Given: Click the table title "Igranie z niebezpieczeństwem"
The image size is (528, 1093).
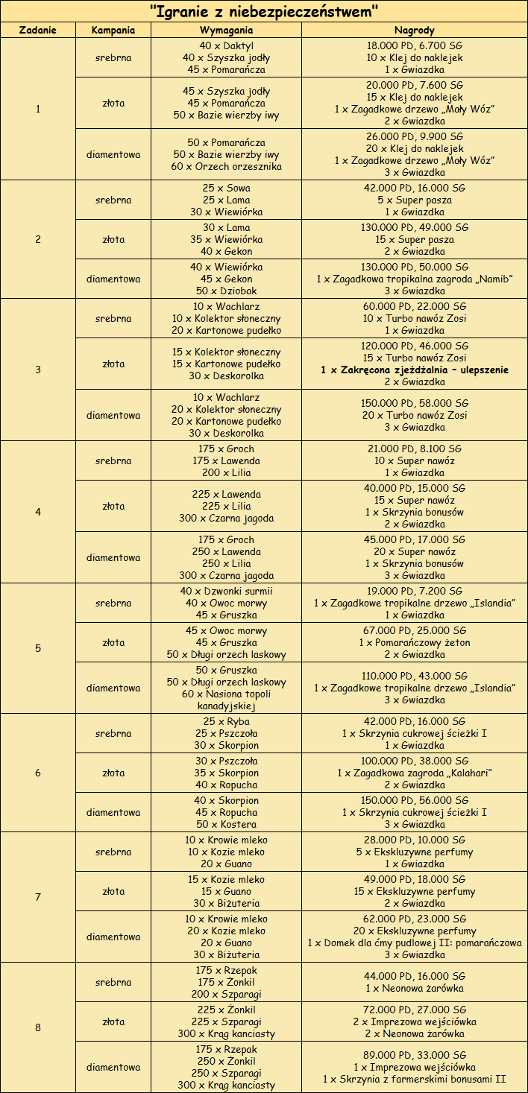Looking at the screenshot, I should click(x=264, y=11).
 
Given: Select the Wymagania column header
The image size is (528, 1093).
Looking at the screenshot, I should click(x=226, y=31).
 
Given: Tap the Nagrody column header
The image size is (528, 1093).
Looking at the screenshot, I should click(x=415, y=31).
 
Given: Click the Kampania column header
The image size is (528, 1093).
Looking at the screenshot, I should click(x=113, y=31).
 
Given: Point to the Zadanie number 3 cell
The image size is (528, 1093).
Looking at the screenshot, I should click(x=38, y=370).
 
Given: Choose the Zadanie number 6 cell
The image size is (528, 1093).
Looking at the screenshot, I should click(x=38, y=773).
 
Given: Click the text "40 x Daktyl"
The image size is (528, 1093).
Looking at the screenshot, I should click(x=226, y=45).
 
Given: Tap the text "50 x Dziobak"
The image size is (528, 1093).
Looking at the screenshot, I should click(x=226, y=291).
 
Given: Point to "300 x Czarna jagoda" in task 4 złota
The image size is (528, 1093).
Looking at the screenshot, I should click(x=226, y=519).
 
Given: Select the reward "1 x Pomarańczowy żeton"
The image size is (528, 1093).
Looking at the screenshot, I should click(x=415, y=642).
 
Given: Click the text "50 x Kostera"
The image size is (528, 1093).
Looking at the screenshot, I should click(x=226, y=824).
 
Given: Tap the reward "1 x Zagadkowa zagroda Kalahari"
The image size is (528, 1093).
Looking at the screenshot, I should click(x=415, y=773).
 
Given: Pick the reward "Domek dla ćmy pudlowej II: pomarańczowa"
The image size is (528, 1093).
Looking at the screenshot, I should click(x=415, y=942).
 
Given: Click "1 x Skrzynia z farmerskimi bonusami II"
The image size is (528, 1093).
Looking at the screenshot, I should click(x=415, y=1079).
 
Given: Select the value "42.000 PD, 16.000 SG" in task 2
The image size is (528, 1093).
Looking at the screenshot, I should click(x=415, y=188).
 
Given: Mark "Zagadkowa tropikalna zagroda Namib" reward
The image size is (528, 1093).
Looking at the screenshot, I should click(x=415, y=279).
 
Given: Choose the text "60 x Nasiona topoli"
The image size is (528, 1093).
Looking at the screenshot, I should click(x=226, y=694).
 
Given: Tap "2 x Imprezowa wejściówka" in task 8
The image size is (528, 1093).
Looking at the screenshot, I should click(x=415, y=1021).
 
